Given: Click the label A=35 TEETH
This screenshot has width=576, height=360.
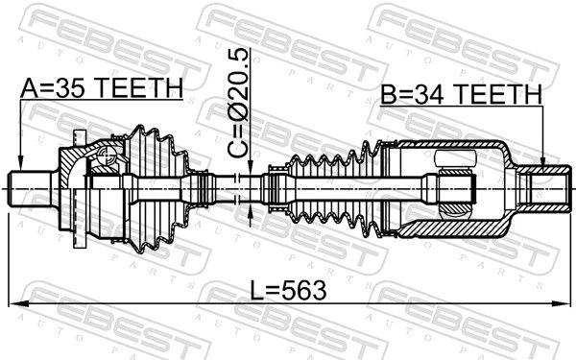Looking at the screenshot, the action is [102, 88].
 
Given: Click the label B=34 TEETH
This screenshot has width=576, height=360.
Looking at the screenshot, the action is [461, 94].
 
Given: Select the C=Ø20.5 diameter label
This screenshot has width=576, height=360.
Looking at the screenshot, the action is [238, 104].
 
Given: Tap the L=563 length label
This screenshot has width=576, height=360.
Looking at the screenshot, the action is [288, 290].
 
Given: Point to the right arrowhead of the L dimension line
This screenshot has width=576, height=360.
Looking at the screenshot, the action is [561, 303].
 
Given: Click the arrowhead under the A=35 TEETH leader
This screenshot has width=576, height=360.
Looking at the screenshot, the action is [20, 164].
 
